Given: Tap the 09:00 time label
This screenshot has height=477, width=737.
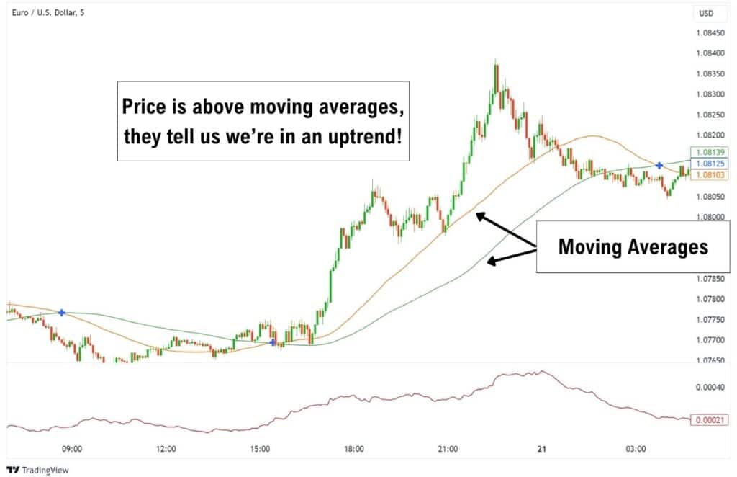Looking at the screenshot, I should click(x=72, y=448).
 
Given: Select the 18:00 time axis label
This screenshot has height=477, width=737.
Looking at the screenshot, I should click(x=353, y=448).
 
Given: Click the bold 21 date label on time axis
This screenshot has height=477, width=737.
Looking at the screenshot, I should click(x=541, y=448).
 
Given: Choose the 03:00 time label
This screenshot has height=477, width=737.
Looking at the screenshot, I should click(x=635, y=448).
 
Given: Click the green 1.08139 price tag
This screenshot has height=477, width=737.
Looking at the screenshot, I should click(x=710, y=152).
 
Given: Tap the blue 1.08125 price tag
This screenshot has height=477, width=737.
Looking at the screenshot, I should click(x=710, y=164).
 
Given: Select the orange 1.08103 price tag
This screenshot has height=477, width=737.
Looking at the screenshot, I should click(x=710, y=175).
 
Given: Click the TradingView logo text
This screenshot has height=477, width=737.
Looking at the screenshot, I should click(x=41, y=469).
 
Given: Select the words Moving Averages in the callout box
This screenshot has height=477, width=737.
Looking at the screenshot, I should click(x=633, y=247).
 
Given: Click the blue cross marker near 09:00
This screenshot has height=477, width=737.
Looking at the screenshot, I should click(x=62, y=313).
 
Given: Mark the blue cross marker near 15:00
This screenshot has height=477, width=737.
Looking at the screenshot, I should click(x=273, y=342).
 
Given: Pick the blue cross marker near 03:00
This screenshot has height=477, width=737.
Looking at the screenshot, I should click(x=659, y=166).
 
